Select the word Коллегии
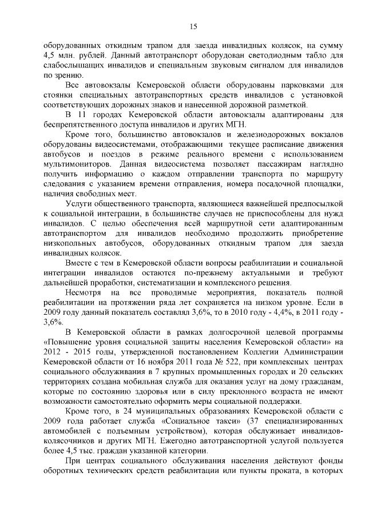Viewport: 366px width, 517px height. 262,351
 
